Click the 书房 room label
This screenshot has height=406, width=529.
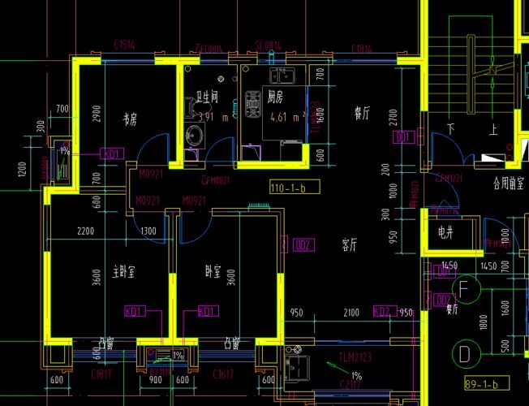click(x=130, y=119)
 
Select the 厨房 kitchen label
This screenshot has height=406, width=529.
click(x=276, y=97)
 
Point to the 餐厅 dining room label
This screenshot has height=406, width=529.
click(x=362, y=114)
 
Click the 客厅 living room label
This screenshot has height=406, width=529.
click(x=351, y=244)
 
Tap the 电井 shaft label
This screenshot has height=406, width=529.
click(x=445, y=232)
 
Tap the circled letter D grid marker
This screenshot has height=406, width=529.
click(x=464, y=353)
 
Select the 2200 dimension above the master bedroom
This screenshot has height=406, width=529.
click(x=85, y=232)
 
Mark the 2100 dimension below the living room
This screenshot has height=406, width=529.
click(x=351, y=313)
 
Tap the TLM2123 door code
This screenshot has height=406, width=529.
click(x=355, y=357)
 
